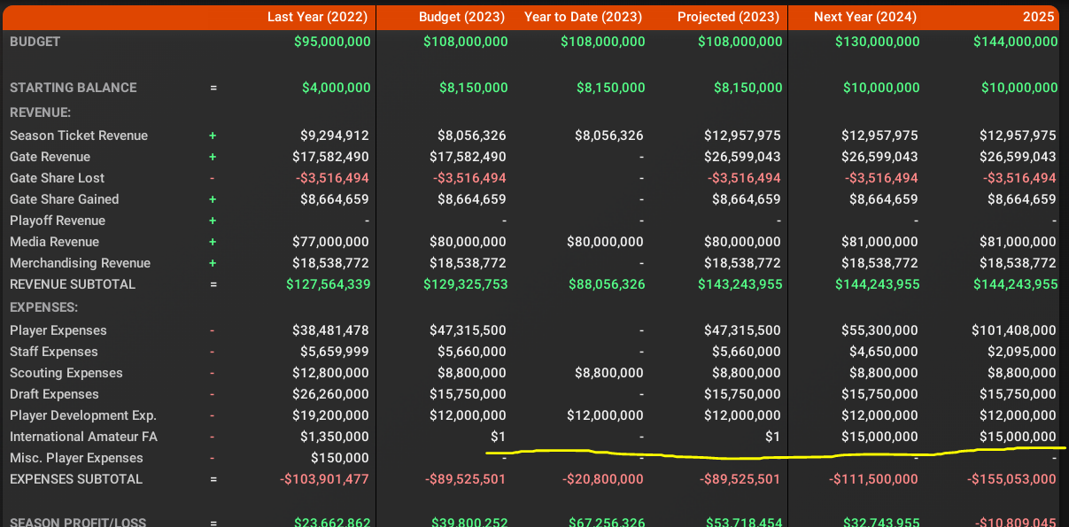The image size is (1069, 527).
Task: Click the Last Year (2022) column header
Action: point(319,17)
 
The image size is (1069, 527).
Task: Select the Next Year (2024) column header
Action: point(864,17)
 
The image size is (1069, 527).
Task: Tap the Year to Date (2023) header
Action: point(584,17)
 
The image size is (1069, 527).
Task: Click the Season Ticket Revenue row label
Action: point(79,136)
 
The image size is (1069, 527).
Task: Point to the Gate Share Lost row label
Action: point(57,178)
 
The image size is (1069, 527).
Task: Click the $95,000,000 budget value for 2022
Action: point(332,42)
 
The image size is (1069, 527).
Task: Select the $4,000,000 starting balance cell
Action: point(336,88)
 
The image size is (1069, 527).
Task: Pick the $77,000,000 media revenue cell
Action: point(330,242)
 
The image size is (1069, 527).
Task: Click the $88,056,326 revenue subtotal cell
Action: point(606,284)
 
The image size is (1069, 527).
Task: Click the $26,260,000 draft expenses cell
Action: point(330,394)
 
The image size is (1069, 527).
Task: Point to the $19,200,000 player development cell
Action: point(330,415)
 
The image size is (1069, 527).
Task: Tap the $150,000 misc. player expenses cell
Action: point(340,458)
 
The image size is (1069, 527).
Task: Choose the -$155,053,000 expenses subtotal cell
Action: point(1011,479)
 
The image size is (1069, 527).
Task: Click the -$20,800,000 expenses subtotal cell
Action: point(603,479)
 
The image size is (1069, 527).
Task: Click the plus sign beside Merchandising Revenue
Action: point(213,263)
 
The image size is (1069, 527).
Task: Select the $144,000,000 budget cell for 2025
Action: point(1015,42)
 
